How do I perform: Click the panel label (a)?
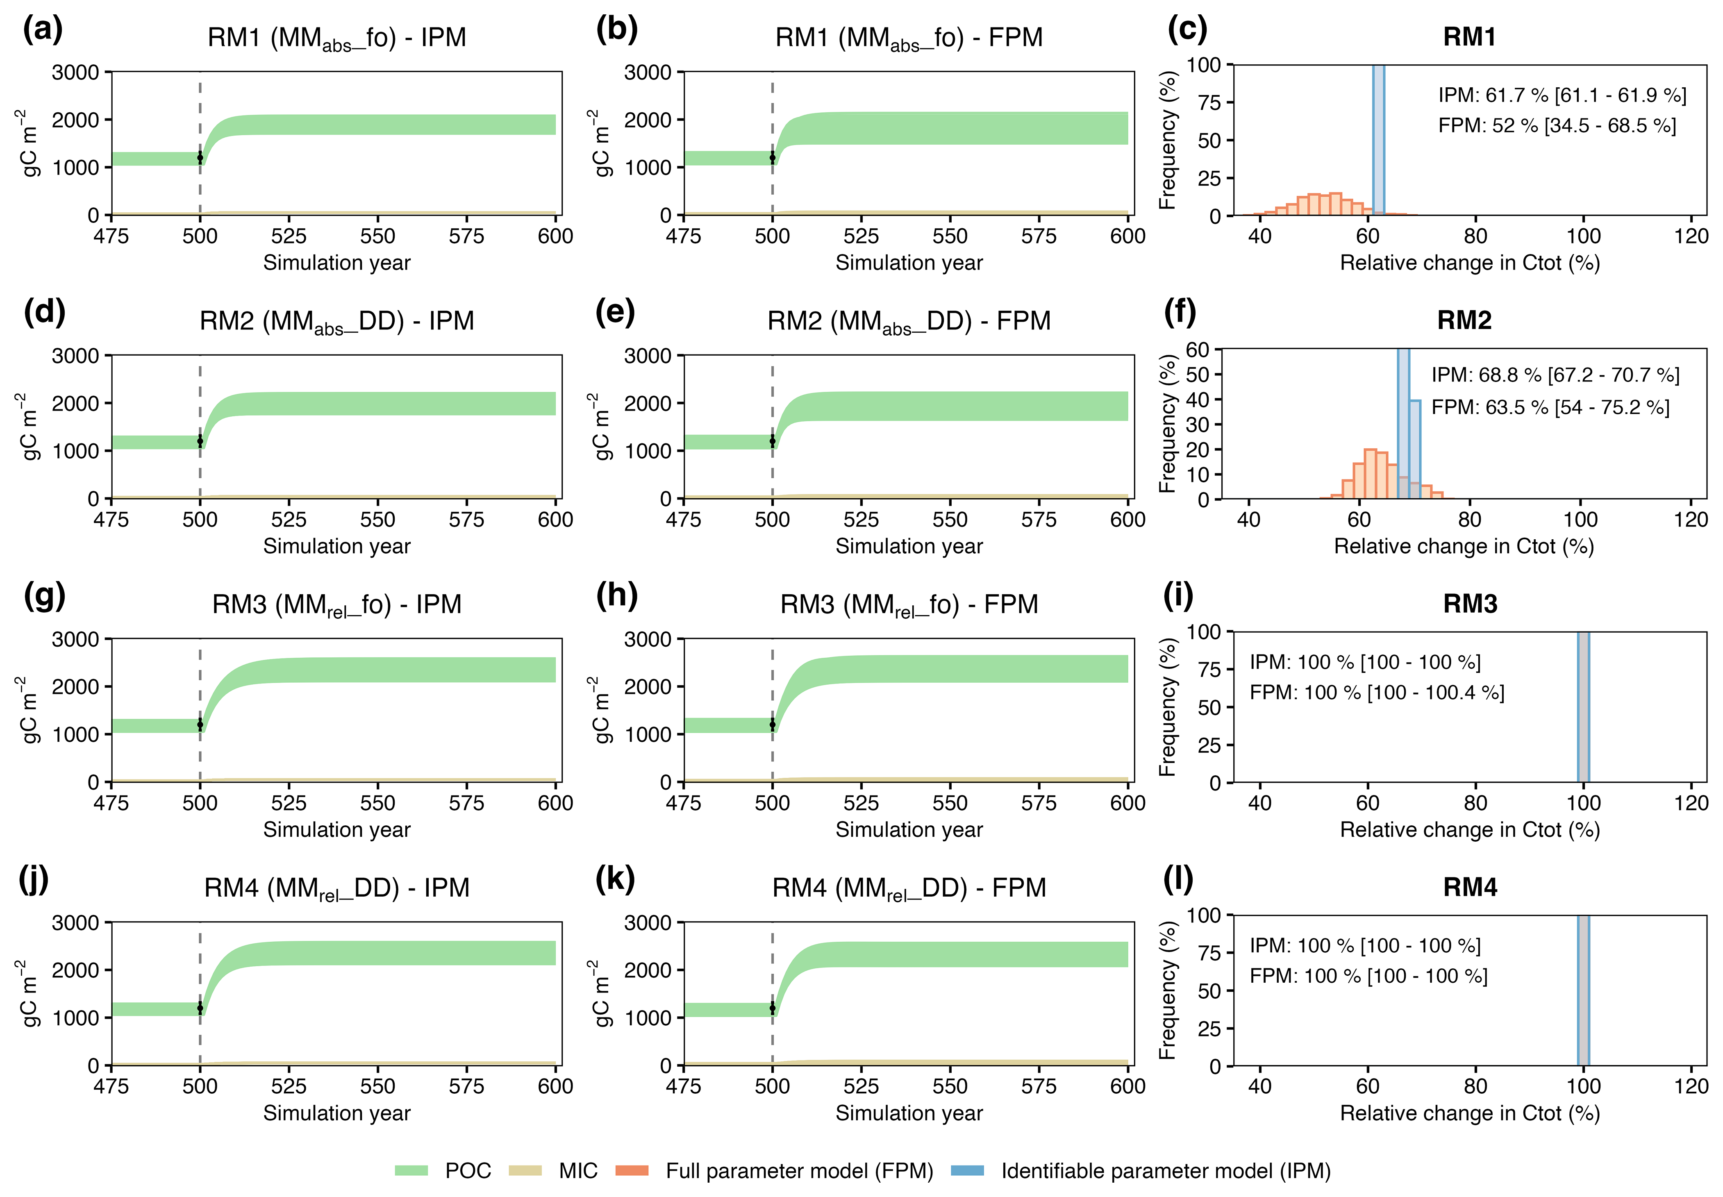pos(43,30)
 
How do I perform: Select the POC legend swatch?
pos(411,1171)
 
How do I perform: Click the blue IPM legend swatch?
pos(967,1171)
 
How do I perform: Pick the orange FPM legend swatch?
pos(632,1171)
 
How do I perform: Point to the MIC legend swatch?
pos(525,1171)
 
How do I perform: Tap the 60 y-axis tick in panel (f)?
pos(1197,350)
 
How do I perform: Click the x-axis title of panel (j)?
pos(337,1113)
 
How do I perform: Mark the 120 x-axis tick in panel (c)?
pos(1691,236)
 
